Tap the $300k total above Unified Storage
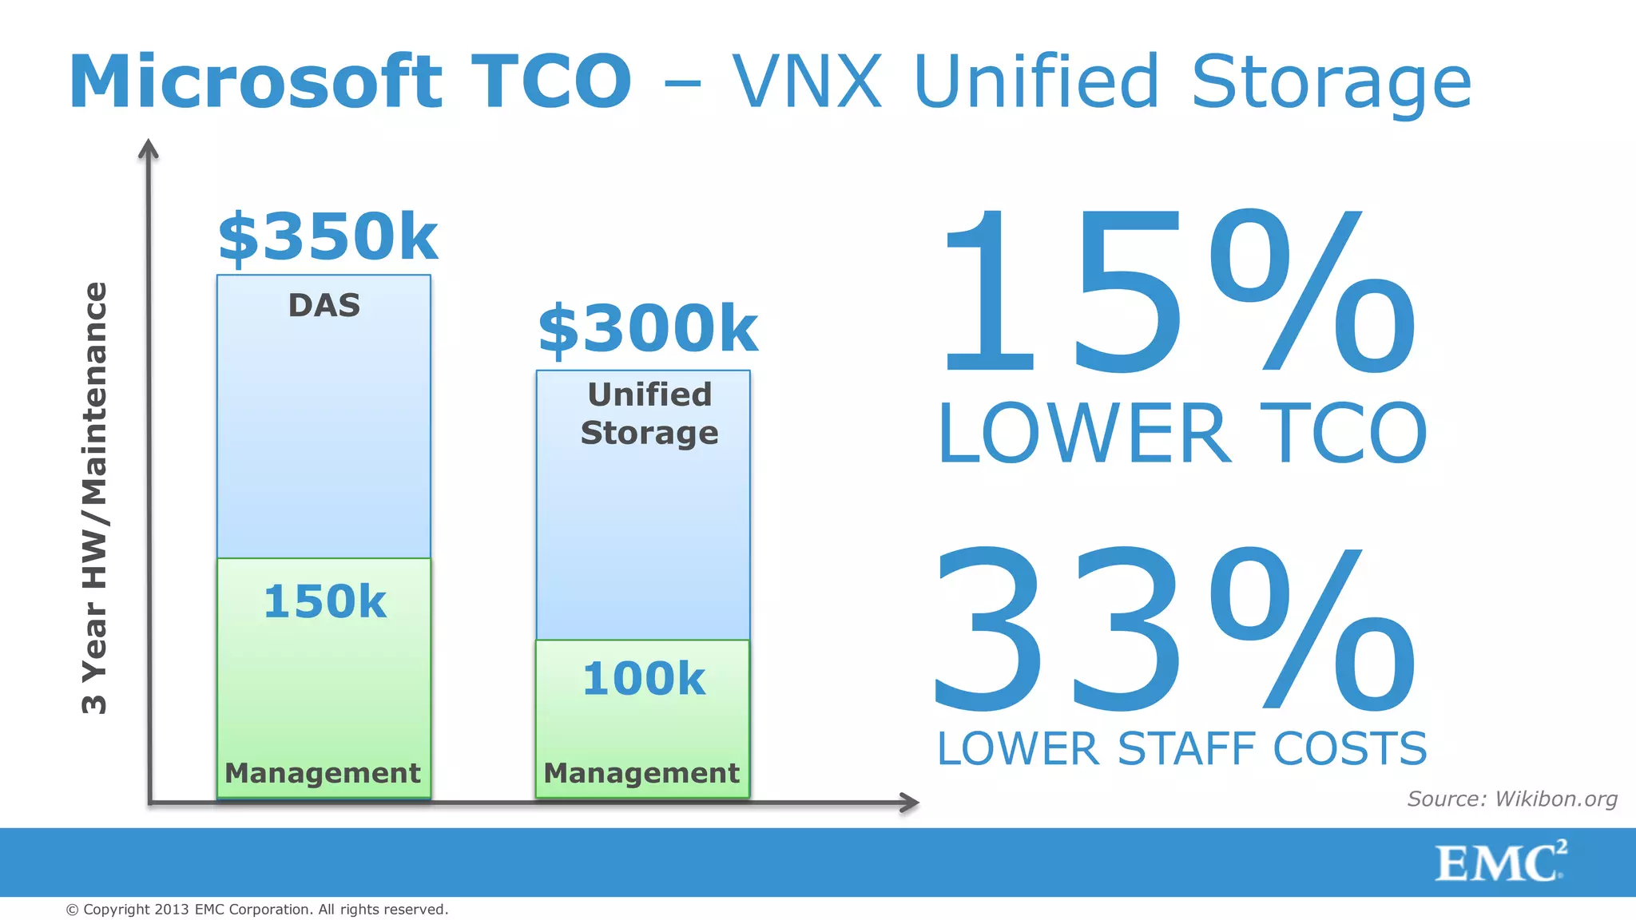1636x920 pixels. coord(647,328)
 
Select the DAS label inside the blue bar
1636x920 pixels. coord(324,305)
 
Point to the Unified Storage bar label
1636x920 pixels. coord(649,414)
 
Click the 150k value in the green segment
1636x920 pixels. coord(324,601)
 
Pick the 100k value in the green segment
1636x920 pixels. coord(643,679)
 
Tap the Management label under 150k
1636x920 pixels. coord(323,773)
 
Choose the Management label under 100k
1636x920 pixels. coord(641,773)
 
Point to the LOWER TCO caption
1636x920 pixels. coord(1181,434)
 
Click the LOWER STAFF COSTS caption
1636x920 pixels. coord(1181,749)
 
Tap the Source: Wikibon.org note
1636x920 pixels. coord(1511,799)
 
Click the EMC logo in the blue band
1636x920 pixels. coord(1500,862)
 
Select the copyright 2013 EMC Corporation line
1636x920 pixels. coord(257,910)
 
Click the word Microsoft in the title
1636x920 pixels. coord(256,81)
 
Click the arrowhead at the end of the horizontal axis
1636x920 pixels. coord(910,803)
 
